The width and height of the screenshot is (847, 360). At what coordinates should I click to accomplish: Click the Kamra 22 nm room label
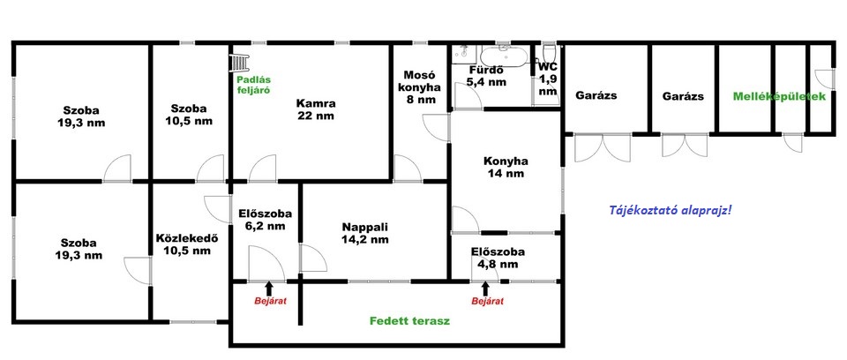[x=316, y=109]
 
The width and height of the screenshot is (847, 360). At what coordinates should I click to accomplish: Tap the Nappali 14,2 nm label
[x=364, y=233]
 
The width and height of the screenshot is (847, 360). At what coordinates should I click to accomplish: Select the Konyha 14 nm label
[x=505, y=167]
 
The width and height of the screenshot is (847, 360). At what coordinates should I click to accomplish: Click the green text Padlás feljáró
[x=253, y=85]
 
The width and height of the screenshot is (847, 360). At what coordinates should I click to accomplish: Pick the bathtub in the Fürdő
[x=504, y=56]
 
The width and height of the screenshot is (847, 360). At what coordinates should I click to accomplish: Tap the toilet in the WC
[x=549, y=53]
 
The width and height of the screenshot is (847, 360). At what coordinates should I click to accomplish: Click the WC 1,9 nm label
[x=547, y=79]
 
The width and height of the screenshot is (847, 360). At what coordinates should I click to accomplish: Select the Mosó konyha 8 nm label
[x=418, y=87]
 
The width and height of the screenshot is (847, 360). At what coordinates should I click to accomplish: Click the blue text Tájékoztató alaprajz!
[x=671, y=210]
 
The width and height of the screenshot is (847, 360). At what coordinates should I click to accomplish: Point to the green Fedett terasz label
[x=409, y=321]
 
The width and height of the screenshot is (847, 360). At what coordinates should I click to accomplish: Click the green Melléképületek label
[x=779, y=97]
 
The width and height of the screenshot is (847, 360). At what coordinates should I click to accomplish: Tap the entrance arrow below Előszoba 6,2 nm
[x=270, y=289]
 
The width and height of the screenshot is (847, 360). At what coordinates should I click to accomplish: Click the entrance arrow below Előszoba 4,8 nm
[x=485, y=289]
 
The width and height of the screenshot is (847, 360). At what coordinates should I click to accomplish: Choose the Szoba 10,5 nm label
[x=189, y=114]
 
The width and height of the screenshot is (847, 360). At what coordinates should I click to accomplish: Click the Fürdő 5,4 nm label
[x=486, y=76]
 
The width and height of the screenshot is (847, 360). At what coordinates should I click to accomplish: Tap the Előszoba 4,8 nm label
[x=498, y=258]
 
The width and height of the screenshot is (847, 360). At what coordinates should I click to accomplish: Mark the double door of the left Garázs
[x=603, y=147]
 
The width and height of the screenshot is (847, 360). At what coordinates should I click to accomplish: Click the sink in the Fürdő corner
[x=464, y=53]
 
